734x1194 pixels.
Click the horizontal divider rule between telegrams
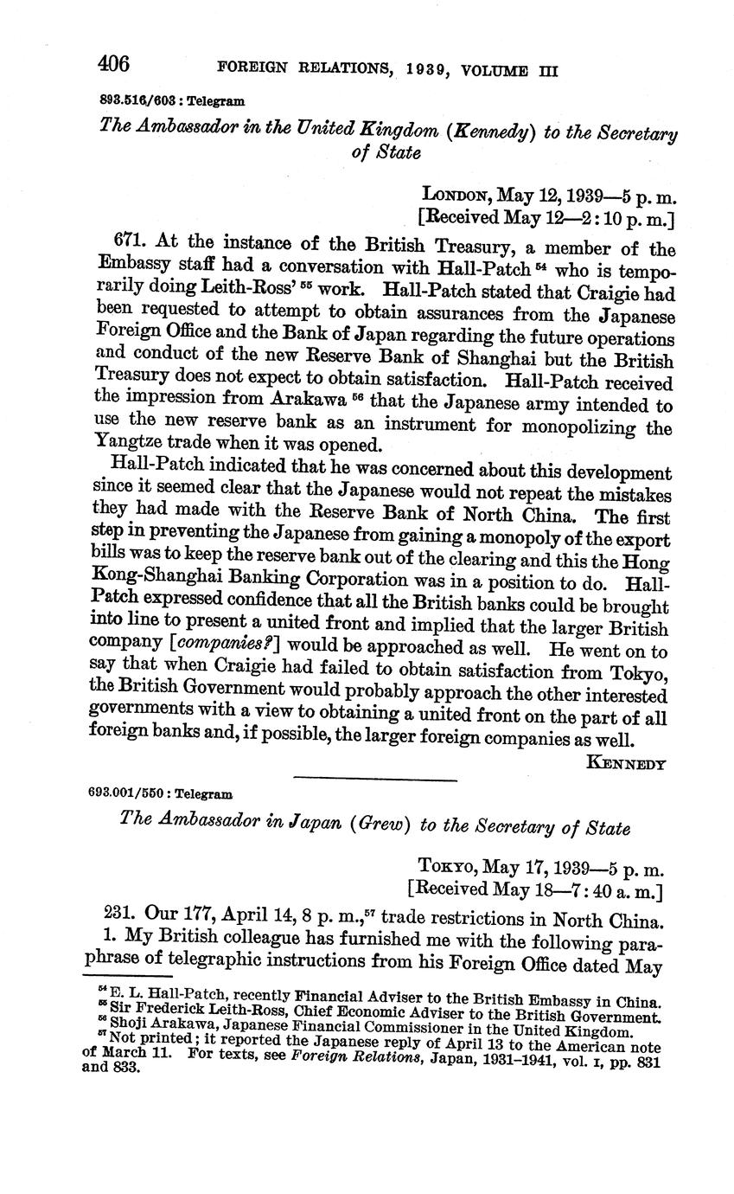click(x=374, y=780)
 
